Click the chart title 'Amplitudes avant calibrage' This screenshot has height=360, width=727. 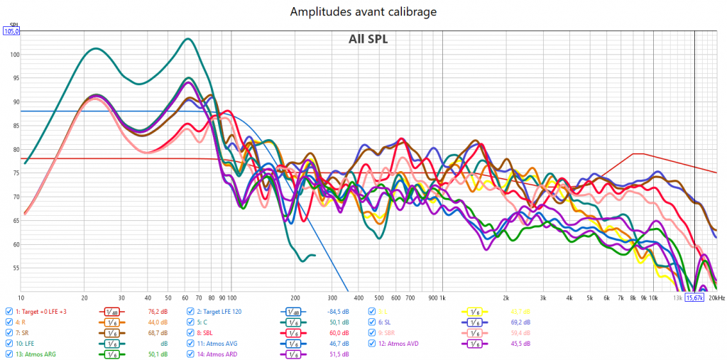point(363,12)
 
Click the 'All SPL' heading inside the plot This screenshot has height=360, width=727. point(368,39)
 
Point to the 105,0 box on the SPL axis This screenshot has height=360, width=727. point(12,31)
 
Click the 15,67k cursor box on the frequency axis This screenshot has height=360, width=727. point(694,298)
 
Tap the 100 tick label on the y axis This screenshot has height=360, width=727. point(14,55)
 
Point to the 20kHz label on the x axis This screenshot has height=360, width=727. point(716,298)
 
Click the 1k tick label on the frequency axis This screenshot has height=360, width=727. point(442,298)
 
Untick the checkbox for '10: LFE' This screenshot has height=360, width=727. point(9,343)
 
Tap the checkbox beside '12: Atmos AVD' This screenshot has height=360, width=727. point(372,343)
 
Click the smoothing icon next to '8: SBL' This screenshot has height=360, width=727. point(293,332)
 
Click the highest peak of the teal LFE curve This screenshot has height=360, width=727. point(188,39)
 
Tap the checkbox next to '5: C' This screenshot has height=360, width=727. point(190,322)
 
